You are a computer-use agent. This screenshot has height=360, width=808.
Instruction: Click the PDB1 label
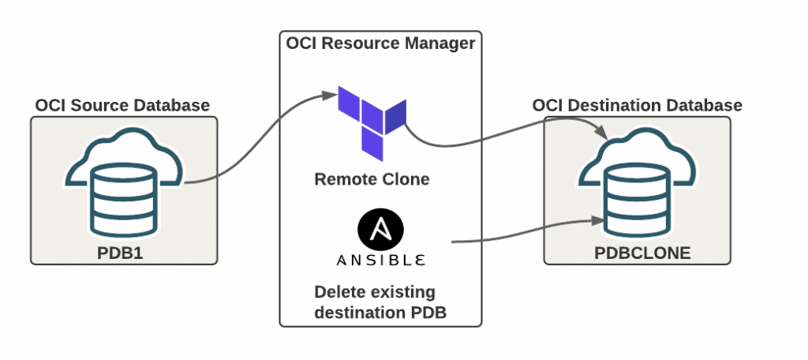point(120,253)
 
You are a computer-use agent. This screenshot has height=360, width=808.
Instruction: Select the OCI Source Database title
point(122,105)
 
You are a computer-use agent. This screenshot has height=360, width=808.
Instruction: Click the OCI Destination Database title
point(637,105)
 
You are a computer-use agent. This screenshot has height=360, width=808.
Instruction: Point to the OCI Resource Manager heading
point(381,43)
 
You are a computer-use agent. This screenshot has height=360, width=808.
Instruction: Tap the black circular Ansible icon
point(380,227)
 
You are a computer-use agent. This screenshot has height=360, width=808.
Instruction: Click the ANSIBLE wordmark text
point(381,260)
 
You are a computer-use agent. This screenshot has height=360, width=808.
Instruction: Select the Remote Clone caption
point(372,179)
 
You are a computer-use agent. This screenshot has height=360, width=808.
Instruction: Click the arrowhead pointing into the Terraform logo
point(330,95)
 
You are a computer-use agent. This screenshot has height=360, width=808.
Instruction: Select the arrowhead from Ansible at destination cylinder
point(597,221)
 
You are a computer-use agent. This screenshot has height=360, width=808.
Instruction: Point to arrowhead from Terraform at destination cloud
point(601,132)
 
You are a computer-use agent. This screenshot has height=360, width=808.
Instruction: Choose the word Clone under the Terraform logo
point(407,179)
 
